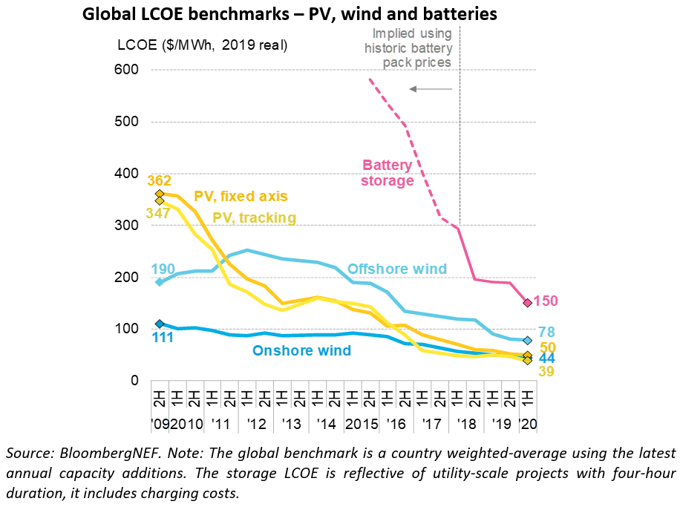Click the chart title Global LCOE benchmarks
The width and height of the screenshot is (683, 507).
(289, 14)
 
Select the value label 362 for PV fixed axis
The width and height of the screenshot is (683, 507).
(159, 180)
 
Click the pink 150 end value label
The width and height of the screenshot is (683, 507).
(546, 301)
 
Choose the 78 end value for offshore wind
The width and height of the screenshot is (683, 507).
(546, 332)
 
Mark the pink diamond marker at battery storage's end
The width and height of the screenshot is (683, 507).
(527, 302)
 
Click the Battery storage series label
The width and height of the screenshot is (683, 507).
(388, 173)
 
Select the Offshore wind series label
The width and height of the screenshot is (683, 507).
(397, 269)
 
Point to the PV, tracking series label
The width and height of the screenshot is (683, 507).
(254, 217)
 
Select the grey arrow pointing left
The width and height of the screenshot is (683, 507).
(431, 89)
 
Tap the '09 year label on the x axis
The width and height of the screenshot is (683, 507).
(159, 424)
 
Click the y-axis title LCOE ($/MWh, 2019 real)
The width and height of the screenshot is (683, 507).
(202, 45)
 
